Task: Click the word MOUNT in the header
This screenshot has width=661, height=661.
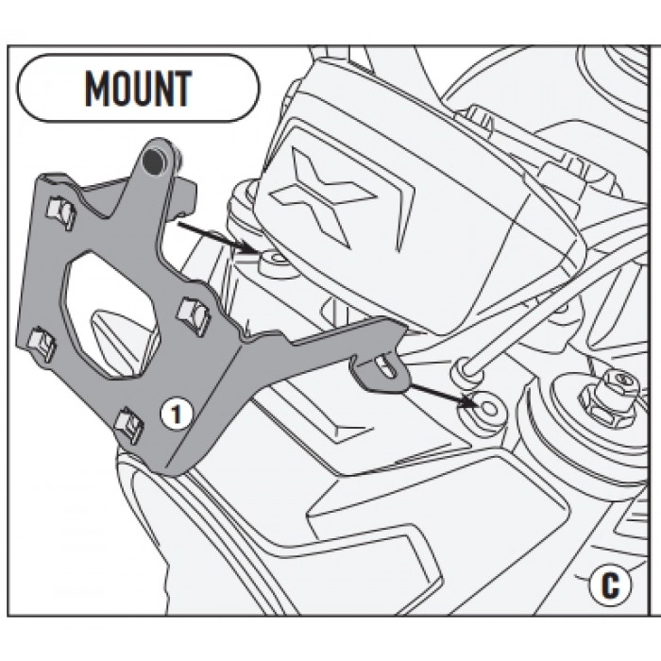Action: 138,88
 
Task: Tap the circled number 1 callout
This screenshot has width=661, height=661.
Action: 177,414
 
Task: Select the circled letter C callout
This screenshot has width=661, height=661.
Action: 610,584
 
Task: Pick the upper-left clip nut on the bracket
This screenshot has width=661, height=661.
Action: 61,212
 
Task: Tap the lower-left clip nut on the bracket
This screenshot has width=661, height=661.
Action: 42,344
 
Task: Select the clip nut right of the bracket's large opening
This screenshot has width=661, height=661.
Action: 194,315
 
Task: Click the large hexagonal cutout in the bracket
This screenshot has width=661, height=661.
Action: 110,313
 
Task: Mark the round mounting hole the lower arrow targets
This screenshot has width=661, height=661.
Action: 489,408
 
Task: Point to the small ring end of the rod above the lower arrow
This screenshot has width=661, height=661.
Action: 466,368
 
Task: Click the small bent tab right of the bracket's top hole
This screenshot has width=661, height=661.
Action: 184,195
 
